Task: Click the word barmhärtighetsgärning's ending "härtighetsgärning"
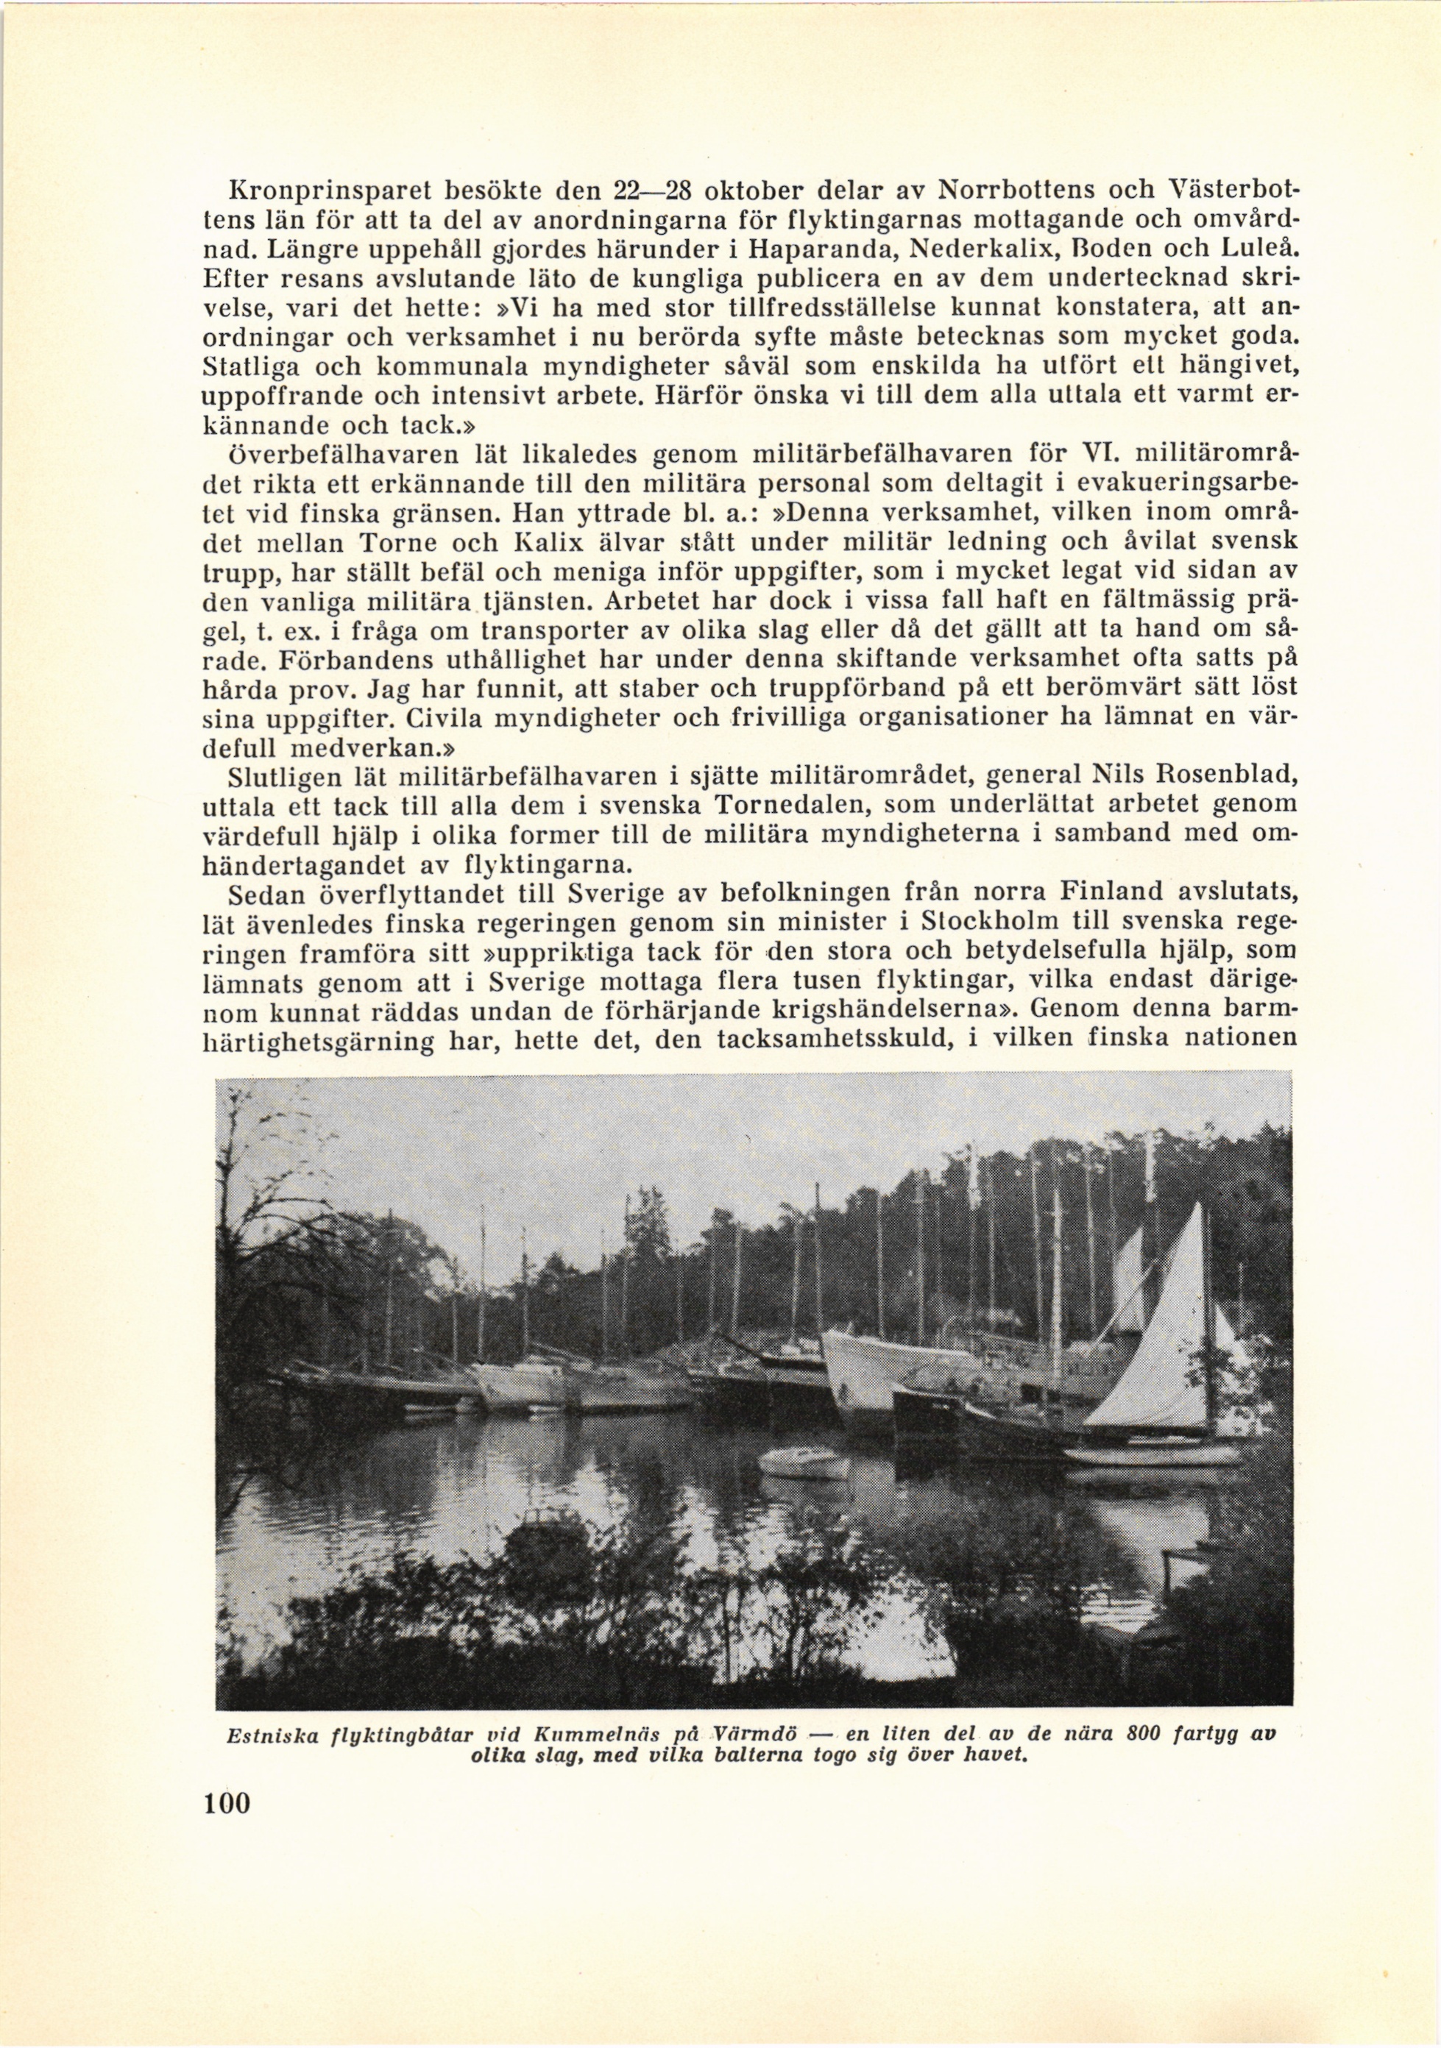click(x=348, y=1041)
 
